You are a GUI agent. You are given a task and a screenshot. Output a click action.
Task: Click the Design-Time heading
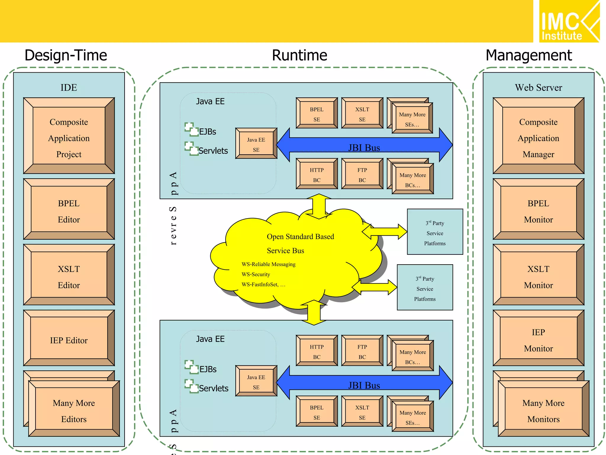[x=66, y=55]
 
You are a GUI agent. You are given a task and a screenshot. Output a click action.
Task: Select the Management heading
[x=528, y=55]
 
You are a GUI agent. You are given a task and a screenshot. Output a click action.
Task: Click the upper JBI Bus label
[x=364, y=148]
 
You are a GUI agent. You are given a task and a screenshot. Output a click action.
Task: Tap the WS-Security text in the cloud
[x=256, y=274]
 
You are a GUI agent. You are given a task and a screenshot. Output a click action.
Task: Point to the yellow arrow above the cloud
[x=319, y=206]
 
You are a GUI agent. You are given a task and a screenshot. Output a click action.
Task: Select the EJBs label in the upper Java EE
[x=207, y=132]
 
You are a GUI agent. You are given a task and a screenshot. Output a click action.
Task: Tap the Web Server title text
[x=538, y=87]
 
